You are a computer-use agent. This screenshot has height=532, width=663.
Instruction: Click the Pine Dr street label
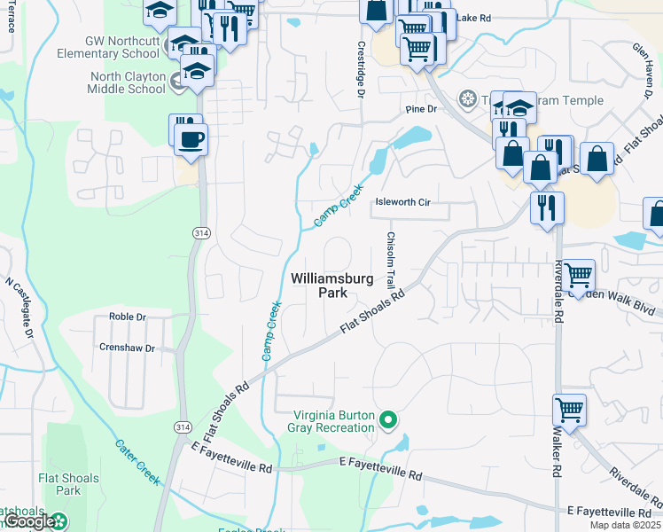click(x=421, y=109)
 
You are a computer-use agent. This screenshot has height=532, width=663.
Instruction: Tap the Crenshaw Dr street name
click(x=127, y=348)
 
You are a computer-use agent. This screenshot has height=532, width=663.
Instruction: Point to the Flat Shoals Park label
click(x=59, y=483)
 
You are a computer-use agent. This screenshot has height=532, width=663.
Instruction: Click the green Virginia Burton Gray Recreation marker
click(x=387, y=419)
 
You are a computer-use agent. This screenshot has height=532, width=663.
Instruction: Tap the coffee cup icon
click(x=192, y=137)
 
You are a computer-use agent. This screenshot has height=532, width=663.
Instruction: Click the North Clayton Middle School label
click(x=127, y=82)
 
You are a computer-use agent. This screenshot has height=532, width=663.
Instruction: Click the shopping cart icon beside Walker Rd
click(x=569, y=410)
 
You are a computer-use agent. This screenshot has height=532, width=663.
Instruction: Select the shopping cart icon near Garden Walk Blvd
click(x=578, y=275)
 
